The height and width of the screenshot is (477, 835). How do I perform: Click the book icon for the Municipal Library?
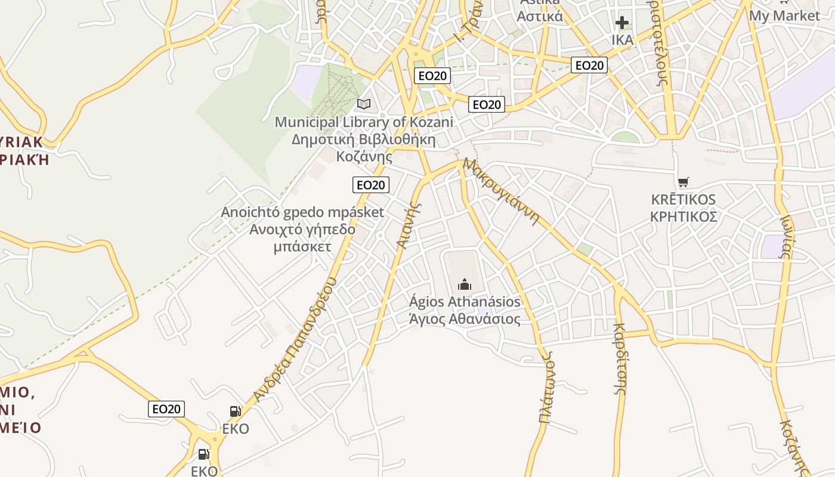point(363,104)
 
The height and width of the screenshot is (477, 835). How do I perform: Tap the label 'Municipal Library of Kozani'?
point(363,122)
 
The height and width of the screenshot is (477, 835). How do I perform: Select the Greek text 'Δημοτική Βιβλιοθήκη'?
point(363,140)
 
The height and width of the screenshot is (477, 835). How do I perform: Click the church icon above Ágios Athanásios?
point(465,284)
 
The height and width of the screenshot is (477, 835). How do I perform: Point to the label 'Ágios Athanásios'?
point(465,302)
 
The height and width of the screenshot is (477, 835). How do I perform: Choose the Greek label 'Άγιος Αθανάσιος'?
point(465,320)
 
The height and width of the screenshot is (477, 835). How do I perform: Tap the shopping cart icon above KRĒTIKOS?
point(684,182)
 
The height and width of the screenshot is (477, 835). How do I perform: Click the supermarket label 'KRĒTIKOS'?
point(684,199)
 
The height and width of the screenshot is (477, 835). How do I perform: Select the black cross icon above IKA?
point(622,23)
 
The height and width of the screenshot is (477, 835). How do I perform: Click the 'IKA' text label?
point(622,40)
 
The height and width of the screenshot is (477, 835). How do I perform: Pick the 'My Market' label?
point(784,16)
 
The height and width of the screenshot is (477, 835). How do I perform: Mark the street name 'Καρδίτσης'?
point(620,358)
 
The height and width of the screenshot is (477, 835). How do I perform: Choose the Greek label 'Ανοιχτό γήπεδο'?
point(302,230)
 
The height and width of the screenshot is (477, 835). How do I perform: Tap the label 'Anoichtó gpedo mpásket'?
point(302,212)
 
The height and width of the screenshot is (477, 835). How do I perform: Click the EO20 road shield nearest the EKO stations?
point(166,409)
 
